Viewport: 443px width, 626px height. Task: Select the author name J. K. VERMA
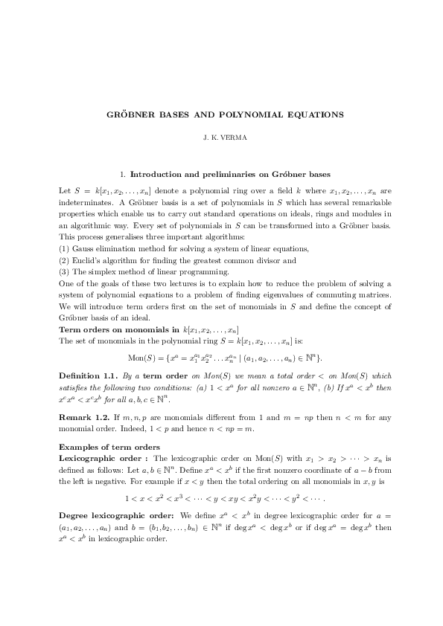[x=222, y=138]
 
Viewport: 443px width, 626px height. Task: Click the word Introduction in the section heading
[x=161, y=175]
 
